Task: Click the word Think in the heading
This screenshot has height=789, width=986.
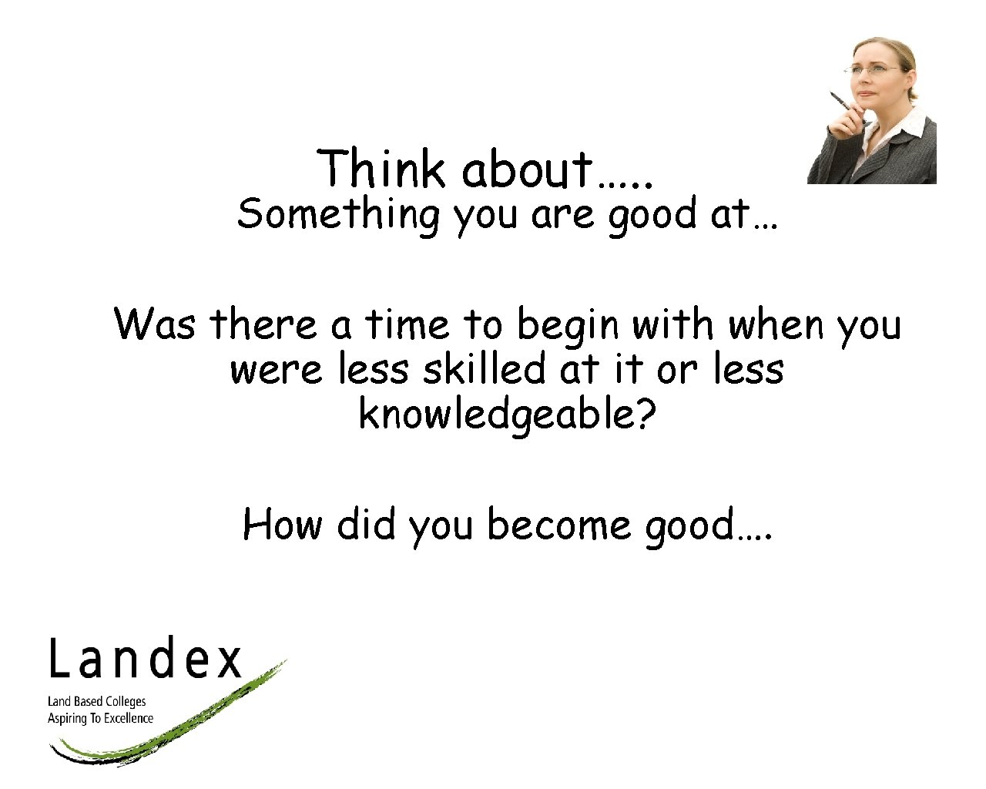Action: coord(381,169)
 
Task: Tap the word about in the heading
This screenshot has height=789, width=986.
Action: coord(527,169)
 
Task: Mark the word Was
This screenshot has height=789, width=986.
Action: coord(155,324)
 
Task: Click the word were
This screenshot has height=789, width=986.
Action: coord(277,370)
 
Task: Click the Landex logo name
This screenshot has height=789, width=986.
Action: coord(146,660)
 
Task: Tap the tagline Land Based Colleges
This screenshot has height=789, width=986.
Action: coord(96,701)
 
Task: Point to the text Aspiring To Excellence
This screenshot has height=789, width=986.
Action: coord(100,718)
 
